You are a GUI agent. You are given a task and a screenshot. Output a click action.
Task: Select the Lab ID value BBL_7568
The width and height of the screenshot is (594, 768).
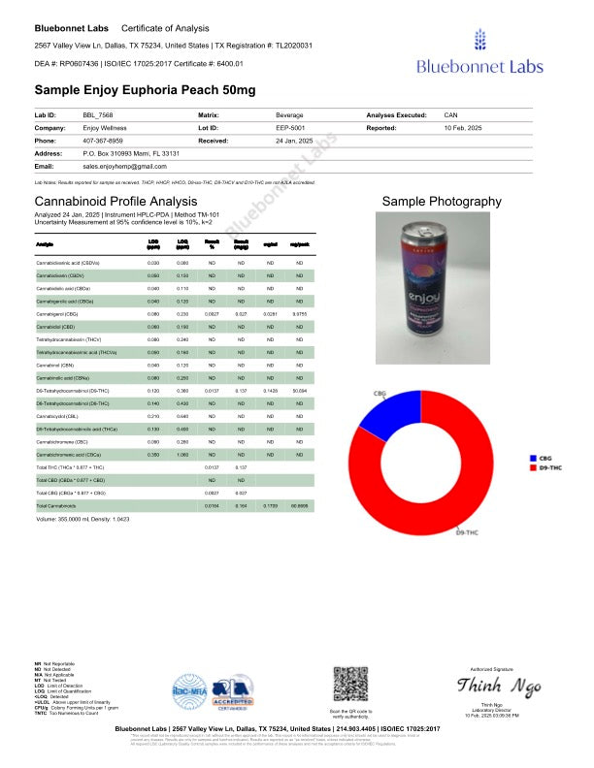click(x=98, y=114)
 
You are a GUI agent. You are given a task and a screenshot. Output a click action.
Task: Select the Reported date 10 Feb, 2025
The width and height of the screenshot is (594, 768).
click(x=466, y=127)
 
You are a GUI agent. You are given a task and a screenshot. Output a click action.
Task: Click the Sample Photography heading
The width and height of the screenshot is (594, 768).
click(x=442, y=201)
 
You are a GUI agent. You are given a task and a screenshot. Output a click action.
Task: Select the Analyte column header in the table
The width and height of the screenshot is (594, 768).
click(x=45, y=246)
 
